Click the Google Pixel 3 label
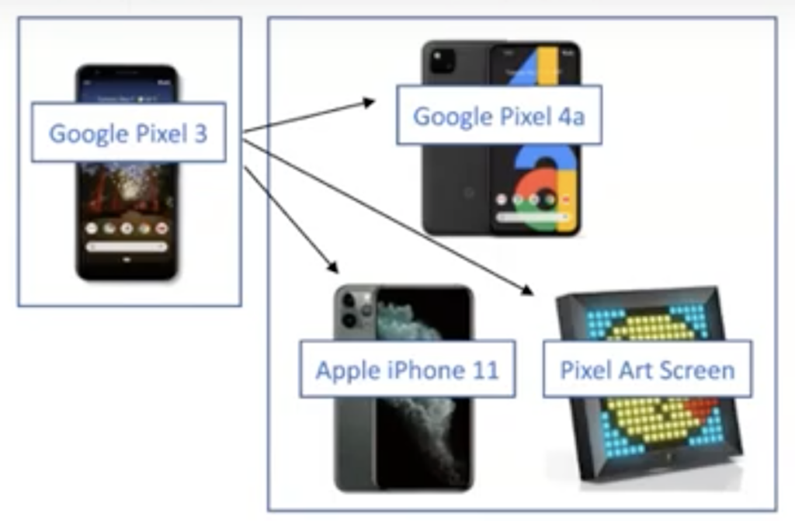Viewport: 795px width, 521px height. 128,133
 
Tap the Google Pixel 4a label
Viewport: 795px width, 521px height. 498,116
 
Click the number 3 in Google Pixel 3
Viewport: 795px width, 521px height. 200,134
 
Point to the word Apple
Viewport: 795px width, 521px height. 347,370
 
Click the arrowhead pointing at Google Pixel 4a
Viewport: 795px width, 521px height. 370,102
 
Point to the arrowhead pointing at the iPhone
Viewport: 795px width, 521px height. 335,269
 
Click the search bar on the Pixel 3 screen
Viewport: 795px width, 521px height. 127,247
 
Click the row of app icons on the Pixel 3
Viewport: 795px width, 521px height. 127,228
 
